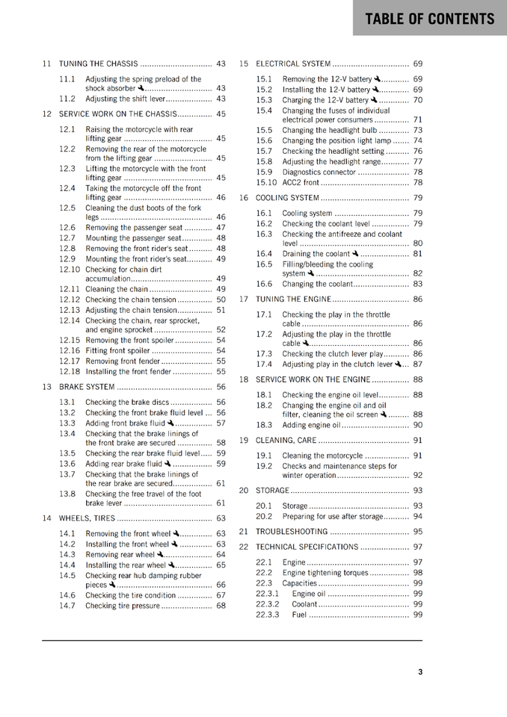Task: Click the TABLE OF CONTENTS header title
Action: point(430,19)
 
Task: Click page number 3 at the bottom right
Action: point(420,671)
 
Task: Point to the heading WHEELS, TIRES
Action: point(82,518)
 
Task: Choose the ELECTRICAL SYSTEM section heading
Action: point(293,64)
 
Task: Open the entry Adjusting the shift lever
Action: point(125,99)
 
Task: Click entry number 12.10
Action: point(70,269)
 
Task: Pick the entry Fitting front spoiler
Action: point(118,350)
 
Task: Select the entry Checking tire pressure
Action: point(123,606)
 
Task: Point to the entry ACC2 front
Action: point(301,182)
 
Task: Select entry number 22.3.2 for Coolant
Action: point(267,604)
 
